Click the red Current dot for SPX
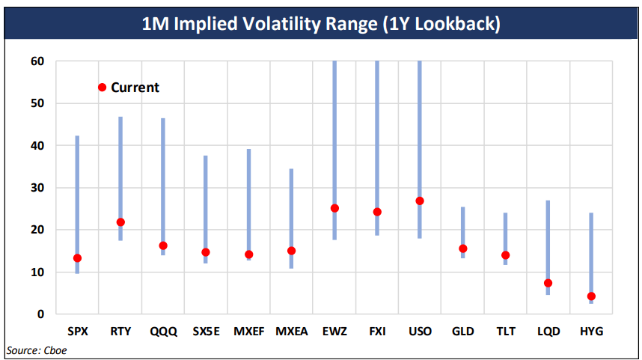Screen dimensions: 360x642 pyautogui.click(x=77, y=258)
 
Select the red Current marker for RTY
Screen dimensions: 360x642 pyautogui.click(x=120, y=222)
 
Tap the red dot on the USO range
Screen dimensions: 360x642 pyautogui.click(x=420, y=201)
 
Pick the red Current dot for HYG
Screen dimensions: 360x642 pyautogui.click(x=591, y=296)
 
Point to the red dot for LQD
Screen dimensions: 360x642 pyautogui.click(x=548, y=283)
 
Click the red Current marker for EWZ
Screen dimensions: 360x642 pyautogui.click(x=334, y=208)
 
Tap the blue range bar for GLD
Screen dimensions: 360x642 pyautogui.click(x=463, y=225)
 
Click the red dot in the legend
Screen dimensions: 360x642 pyautogui.click(x=103, y=88)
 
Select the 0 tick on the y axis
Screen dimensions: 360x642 pyautogui.click(x=41, y=314)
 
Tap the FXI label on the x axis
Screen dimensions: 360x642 pyautogui.click(x=377, y=331)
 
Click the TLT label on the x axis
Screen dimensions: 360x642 pyautogui.click(x=506, y=331)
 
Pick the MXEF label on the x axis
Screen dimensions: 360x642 pyautogui.click(x=248, y=331)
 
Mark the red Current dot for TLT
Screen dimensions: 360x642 pyautogui.click(x=506, y=255)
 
